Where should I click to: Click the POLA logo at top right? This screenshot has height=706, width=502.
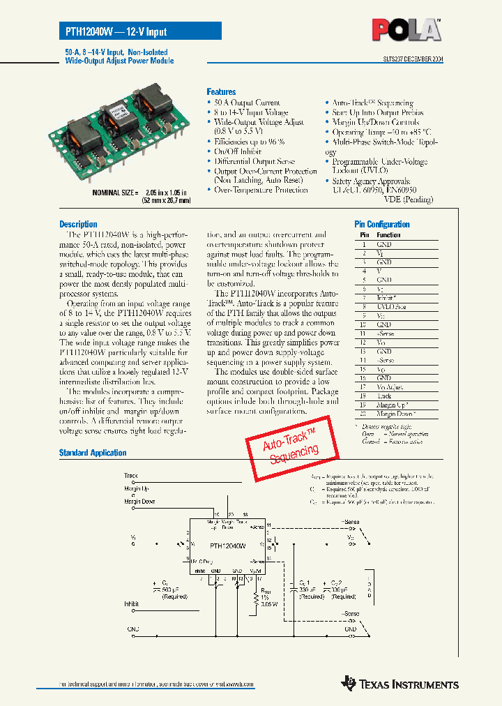coord(406,30)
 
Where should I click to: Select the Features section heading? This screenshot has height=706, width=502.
coord(221,92)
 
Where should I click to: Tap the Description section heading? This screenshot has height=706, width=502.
coord(78,225)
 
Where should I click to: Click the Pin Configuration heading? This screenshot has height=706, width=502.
coord(382,225)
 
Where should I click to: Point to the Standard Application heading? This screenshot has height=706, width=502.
coord(93,453)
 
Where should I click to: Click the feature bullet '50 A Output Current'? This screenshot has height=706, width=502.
coord(247,103)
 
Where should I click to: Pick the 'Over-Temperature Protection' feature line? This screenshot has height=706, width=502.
coord(261,190)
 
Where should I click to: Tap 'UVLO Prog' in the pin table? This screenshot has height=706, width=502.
coord(391,307)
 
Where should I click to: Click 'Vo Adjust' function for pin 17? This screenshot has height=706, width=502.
coord(390,387)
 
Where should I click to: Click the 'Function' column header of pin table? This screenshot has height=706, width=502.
coord(389,235)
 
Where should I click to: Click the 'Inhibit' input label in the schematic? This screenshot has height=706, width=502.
coord(132,603)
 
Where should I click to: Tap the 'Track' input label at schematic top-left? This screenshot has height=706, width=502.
coord(130,476)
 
